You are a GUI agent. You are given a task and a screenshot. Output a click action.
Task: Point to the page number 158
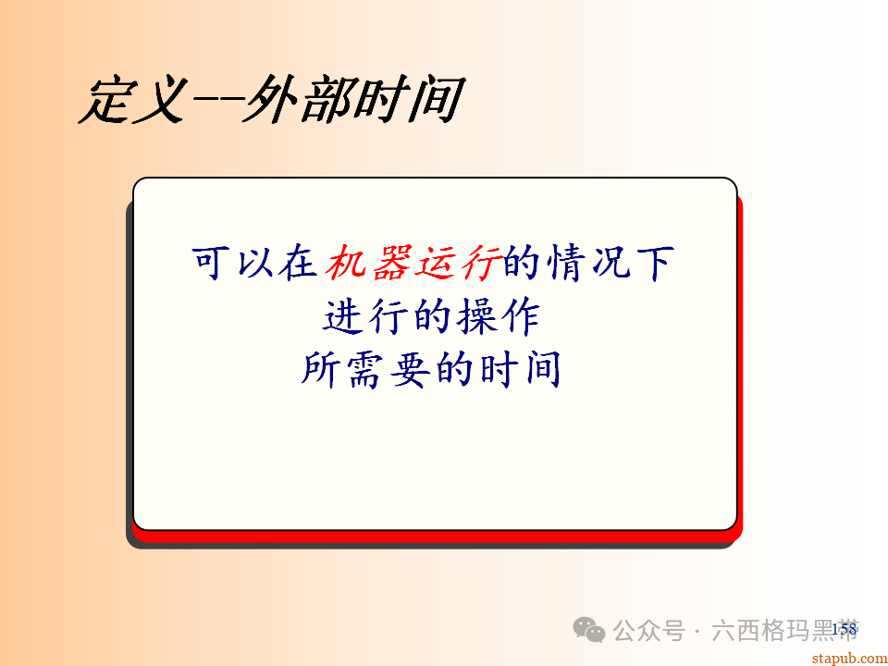[844, 629]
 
